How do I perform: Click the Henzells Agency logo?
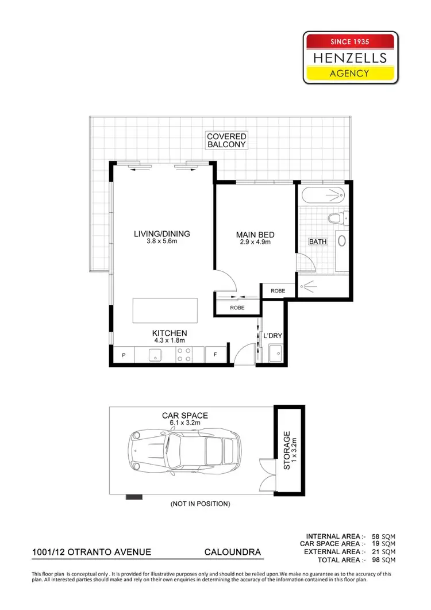pyautogui.click(x=350, y=57)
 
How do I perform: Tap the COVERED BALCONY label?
pyautogui.click(x=226, y=141)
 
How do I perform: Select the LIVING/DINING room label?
pyautogui.click(x=161, y=234)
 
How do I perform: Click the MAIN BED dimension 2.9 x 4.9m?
pyautogui.click(x=255, y=243)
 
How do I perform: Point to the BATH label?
pyautogui.click(x=317, y=241)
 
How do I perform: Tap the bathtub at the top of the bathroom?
pyautogui.click(x=324, y=195)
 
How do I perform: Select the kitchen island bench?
pyautogui.click(x=166, y=310)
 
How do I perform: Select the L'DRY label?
pyautogui.click(x=271, y=335)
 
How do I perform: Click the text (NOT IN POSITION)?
pyautogui.click(x=200, y=504)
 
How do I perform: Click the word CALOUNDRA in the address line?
pyautogui.click(x=233, y=552)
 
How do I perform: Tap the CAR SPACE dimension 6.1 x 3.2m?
pyautogui.click(x=184, y=423)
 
